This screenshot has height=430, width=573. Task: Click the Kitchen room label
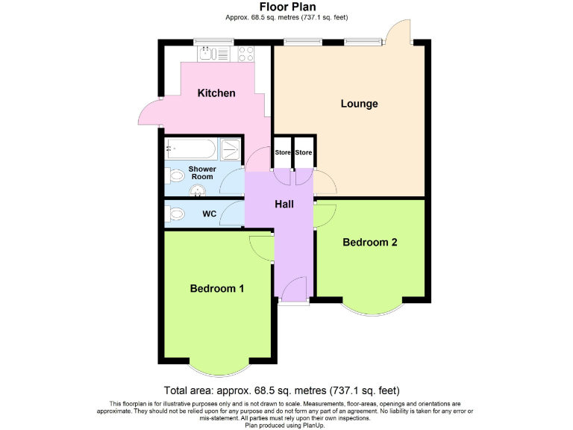216,93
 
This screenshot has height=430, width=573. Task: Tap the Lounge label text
359,104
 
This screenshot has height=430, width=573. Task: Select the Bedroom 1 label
216,288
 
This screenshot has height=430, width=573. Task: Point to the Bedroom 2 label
370,242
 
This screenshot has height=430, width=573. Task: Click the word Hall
284,204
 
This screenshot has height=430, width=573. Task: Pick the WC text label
210,214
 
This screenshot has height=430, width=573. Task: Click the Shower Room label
201,172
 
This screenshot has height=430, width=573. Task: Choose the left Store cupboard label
283,153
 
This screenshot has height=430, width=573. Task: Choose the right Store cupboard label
304,153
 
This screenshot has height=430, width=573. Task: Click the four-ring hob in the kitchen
245,53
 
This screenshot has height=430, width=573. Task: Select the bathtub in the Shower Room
191,149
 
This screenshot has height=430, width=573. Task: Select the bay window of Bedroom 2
370,308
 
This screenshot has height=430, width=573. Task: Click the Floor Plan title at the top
286,7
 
